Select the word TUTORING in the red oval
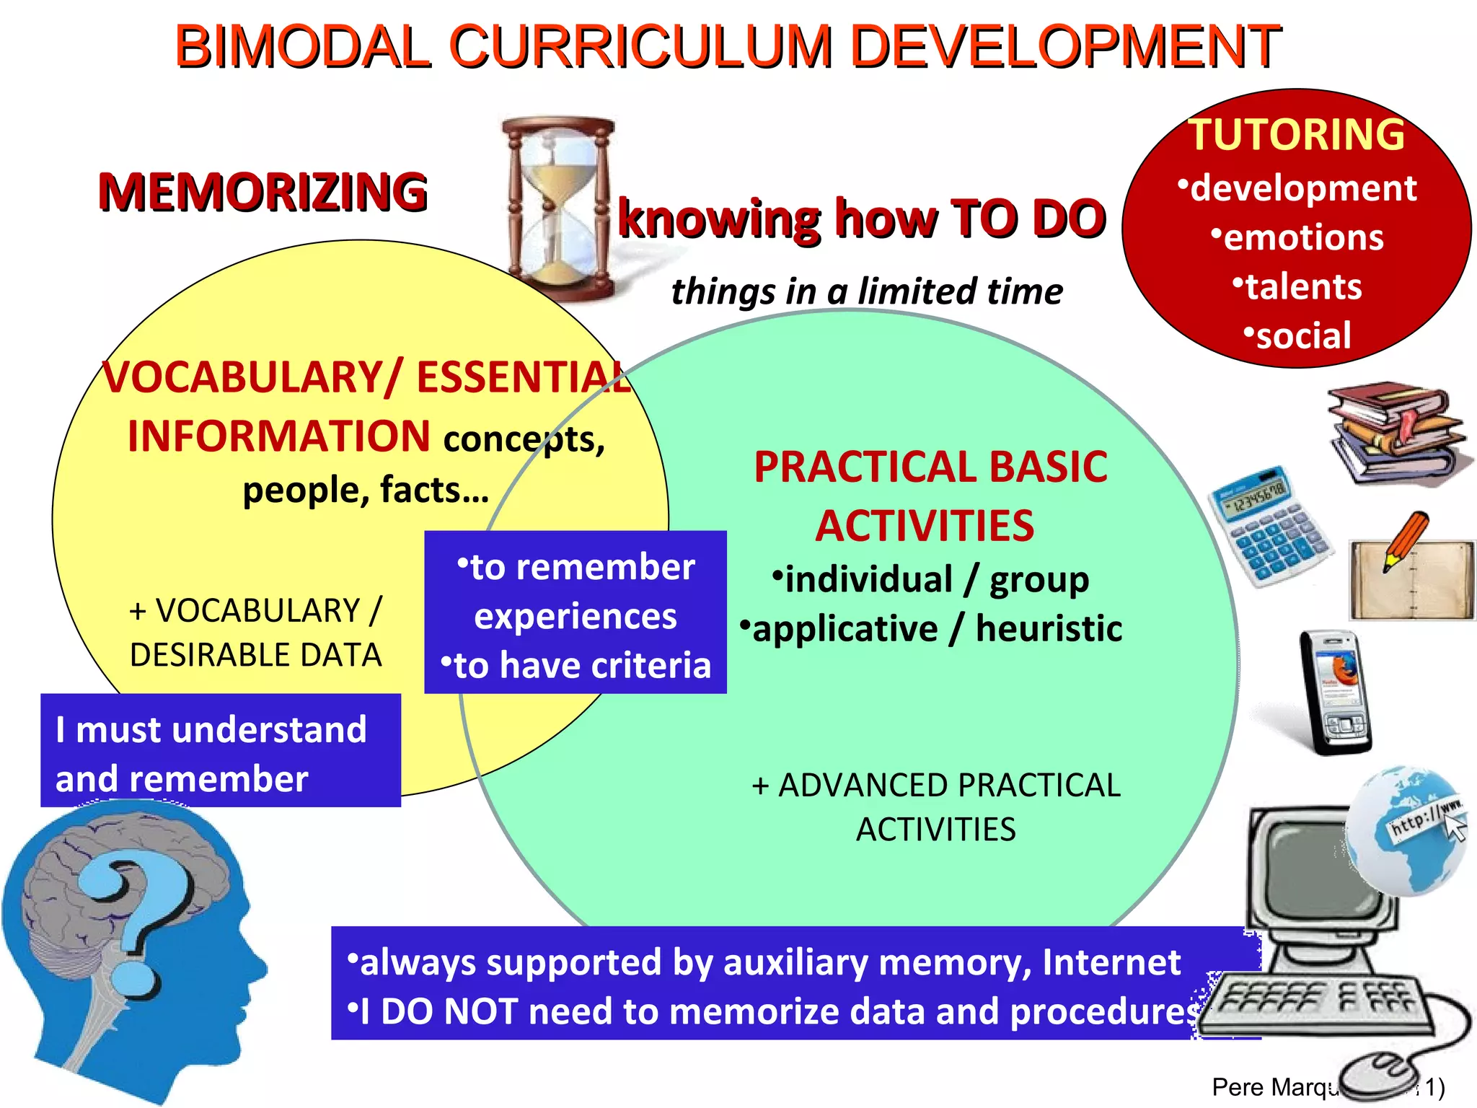coord(1297,135)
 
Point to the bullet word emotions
coord(1303,237)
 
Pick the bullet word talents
coord(1303,286)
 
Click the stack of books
coord(1396,433)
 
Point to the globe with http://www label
coord(1406,830)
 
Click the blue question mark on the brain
coord(144,923)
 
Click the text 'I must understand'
coord(211,729)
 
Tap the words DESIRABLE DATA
coord(255,655)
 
